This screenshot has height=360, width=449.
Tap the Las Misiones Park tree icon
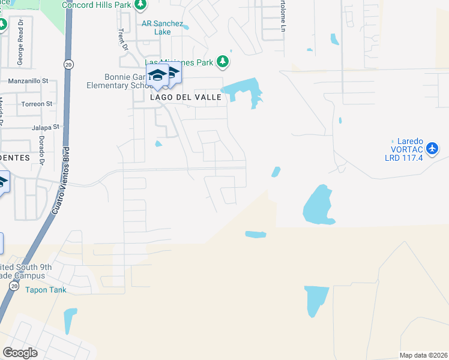[x=223, y=61]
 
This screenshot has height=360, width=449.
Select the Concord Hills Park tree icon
[x=140, y=5]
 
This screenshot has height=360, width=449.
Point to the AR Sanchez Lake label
[x=161, y=28]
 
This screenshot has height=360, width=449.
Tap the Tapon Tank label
[x=46, y=290]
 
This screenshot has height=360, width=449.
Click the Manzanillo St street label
[x=28, y=80]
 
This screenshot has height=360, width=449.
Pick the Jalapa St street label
[x=40, y=127]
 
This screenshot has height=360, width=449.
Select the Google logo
[x=20, y=352]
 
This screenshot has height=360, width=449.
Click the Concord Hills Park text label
[x=96, y=5]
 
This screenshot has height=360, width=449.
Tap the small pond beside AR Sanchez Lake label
[x=186, y=27]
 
